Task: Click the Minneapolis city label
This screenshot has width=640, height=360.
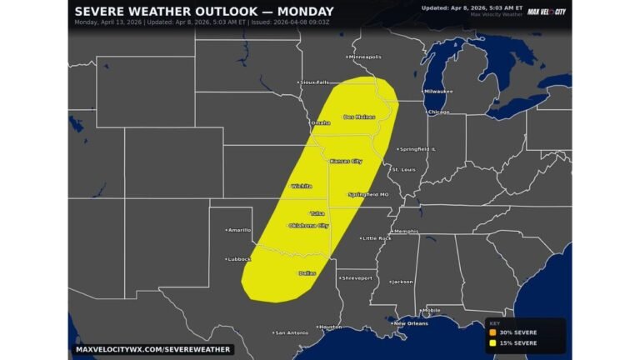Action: click(364, 57)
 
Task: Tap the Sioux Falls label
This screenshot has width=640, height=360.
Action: click(314, 82)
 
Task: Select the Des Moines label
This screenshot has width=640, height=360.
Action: click(359, 117)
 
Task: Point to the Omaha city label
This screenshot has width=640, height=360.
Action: click(320, 122)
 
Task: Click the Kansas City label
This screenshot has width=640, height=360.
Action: click(346, 161)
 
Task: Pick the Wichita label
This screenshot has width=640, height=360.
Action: click(301, 186)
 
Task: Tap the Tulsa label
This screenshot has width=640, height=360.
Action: click(317, 213)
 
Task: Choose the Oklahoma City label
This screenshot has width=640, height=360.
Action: click(308, 226)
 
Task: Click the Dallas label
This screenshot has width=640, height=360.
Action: click(307, 272)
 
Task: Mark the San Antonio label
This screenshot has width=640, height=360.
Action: click(291, 332)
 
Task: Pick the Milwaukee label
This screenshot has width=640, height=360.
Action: click(437, 91)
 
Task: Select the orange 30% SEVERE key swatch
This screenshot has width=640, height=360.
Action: click(493, 332)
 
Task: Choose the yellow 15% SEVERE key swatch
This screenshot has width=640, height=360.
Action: click(493, 342)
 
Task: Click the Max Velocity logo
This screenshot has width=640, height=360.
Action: click(547, 12)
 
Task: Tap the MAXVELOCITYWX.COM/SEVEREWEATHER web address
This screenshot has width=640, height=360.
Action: click(152, 349)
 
